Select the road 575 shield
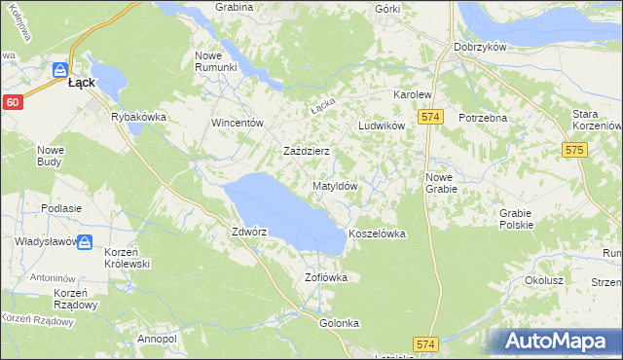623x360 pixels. (x=574, y=150)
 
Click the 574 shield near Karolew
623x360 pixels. (x=432, y=117)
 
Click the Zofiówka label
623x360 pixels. (x=326, y=277)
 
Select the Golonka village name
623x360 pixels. (x=339, y=323)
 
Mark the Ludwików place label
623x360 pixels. (x=381, y=126)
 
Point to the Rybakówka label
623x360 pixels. (x=139, y=117)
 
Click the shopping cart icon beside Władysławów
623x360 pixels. (x=85, y=242)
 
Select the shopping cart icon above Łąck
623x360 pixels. (x=59, y=70)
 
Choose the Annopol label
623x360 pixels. (x=156, y=339)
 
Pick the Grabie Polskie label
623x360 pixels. (x=516, y=219)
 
